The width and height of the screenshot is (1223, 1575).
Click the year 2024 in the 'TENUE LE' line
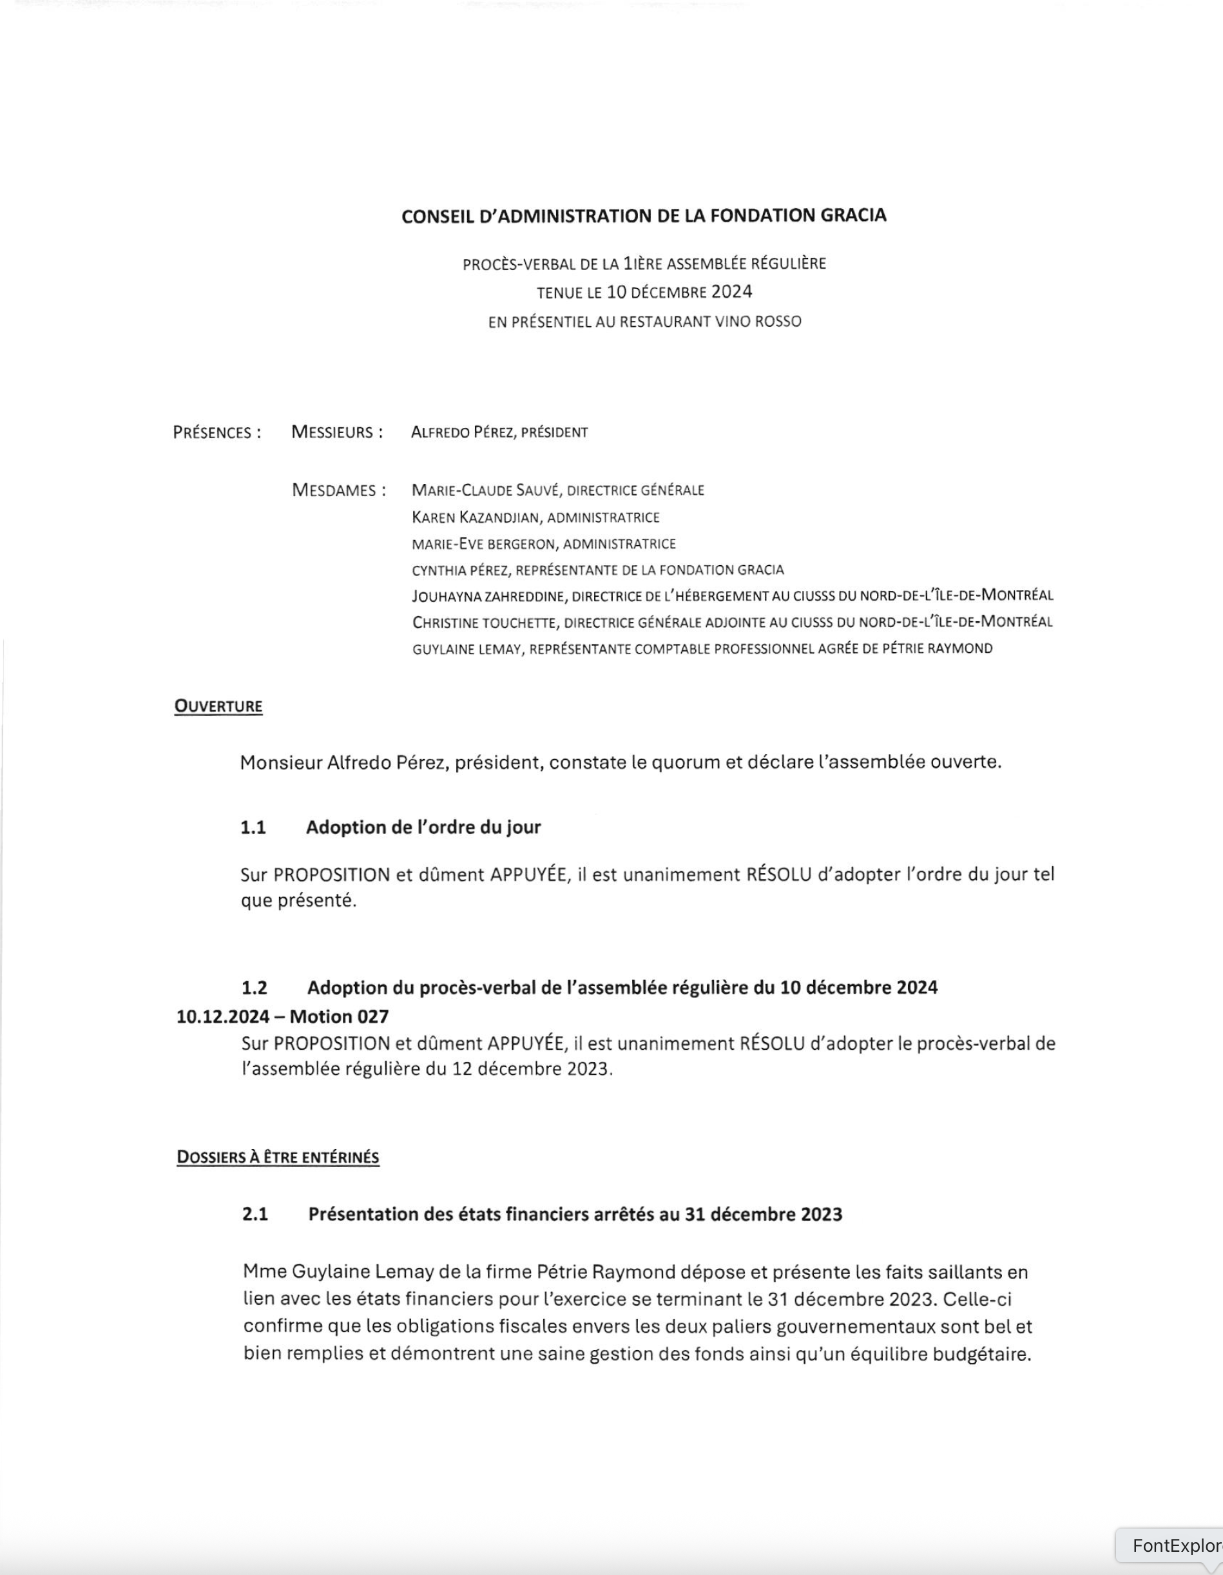(x=732, y=292)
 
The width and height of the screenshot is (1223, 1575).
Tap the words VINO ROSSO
(x=758, y=322)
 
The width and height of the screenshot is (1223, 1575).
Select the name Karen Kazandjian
(x=475, y=517)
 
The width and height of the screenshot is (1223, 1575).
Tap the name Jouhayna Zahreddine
(x=488, y=595)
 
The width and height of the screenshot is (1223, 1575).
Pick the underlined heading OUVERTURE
(x=218, y=706)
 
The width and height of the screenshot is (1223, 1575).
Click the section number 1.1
(x=253, y=827)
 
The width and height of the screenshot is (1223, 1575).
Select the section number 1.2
(x=254, y=987)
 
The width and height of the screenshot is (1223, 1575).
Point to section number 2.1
(x=255, y=1214)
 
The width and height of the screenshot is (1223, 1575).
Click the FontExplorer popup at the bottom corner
(x=1175, y=1545)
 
